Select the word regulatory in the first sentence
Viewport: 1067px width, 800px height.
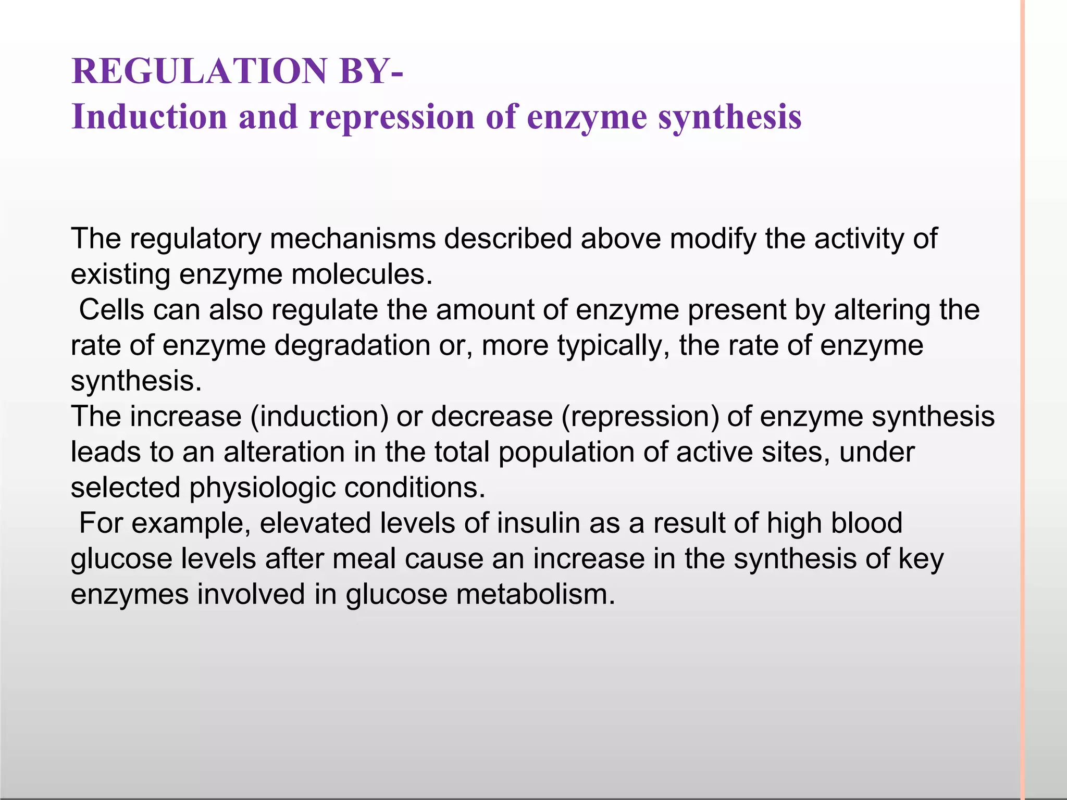195,239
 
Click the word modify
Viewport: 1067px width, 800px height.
712,239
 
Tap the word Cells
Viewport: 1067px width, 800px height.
111,310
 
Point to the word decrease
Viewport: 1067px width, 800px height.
491,417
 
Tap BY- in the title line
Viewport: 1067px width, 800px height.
370,71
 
